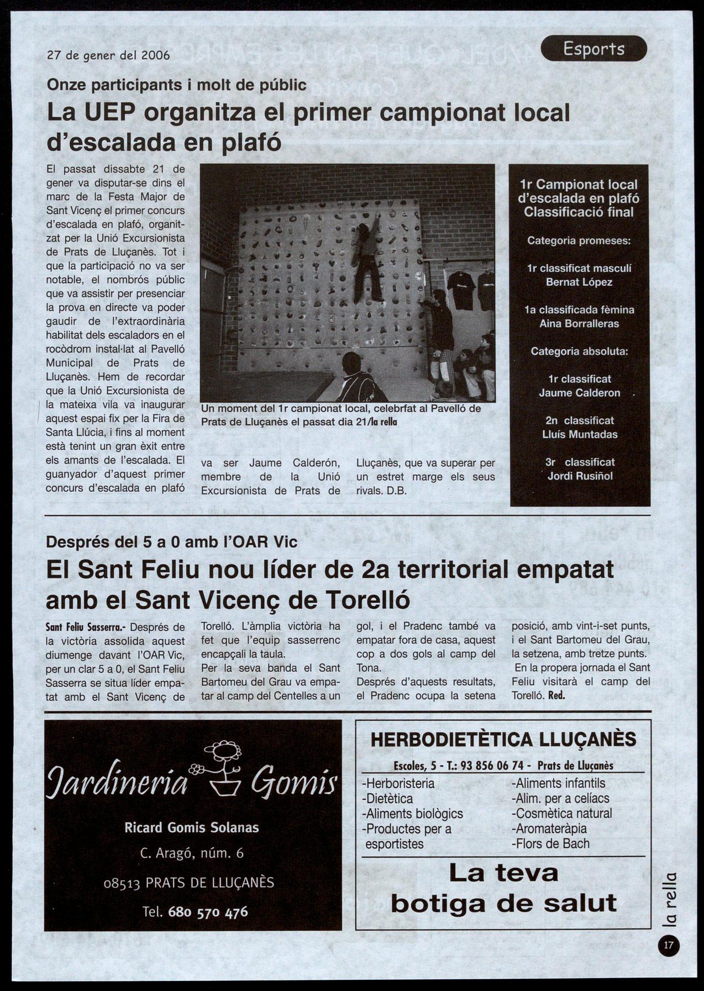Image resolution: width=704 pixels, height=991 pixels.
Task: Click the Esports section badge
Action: (x=593, y=49)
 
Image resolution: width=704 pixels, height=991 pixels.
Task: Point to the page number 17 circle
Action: (x=669, y=945)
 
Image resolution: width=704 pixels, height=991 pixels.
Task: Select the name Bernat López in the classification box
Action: (x=579, y=282)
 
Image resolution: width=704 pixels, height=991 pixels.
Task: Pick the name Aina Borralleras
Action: (x=579, y=324)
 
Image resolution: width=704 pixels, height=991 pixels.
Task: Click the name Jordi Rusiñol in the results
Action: (x=580, y=476)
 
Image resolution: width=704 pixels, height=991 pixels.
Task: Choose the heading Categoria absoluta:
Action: (x=579, y=351)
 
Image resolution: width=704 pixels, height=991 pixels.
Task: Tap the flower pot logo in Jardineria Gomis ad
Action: (x=220, y=769)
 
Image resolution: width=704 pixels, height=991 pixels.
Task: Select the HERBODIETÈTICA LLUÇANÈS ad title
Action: (x=503, y=739)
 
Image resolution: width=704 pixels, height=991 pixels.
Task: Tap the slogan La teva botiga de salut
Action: (x=503, y=888)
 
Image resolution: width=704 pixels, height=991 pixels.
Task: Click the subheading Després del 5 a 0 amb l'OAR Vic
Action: (x=172, y=542)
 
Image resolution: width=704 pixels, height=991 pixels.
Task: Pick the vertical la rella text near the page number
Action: (x=669, y=899)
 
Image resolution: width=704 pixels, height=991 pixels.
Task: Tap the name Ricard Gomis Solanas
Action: (x=192, y=828)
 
